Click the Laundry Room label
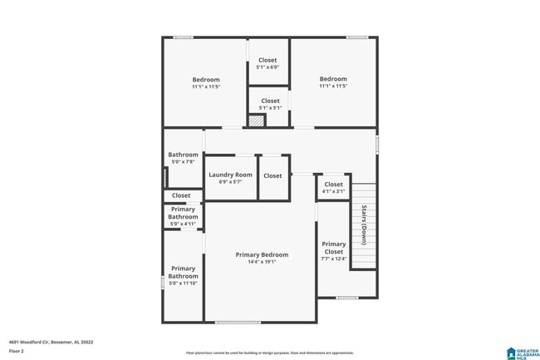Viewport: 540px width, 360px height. pyautogui.click(x=230, y=175)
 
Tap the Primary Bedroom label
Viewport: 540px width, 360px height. pyautogui.click(x=262, y=254)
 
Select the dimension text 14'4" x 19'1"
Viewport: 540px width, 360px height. pyautogui.click(x=262, y=262)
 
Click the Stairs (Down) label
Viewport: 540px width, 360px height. pyautogui.click(x=364, y=224)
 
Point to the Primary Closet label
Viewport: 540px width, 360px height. pyautogui.click(x=333, y=248)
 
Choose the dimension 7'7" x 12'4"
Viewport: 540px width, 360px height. pyautogui.click(x=333, y=259)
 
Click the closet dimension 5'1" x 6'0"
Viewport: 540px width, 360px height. pyautogui.click(x=268, y=67)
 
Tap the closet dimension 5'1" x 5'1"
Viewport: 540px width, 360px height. pyautogui.click(x=270, y=107)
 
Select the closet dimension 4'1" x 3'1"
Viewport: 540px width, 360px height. pyautogui.click(x=333, y=191)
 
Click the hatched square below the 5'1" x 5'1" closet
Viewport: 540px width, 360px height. pyautogui.click(x=257, y=121)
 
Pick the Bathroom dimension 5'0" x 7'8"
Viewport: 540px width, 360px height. pyautogui.click(x=183, y=161)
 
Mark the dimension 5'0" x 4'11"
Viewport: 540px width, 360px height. pyautogui.click(x=183, y=224)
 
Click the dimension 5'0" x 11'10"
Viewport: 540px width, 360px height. pyautogui.click(x=183, y=283)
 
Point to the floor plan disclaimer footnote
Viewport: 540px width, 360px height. pyautogui.click(x=269, y=353)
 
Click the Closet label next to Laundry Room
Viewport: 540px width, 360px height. pyautogui.click(x=272, y=175)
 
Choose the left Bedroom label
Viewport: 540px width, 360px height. pyautogui.click(x=205, y=80)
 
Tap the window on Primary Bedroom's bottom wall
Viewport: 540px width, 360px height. pyautogui.click(x=238, y=322)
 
